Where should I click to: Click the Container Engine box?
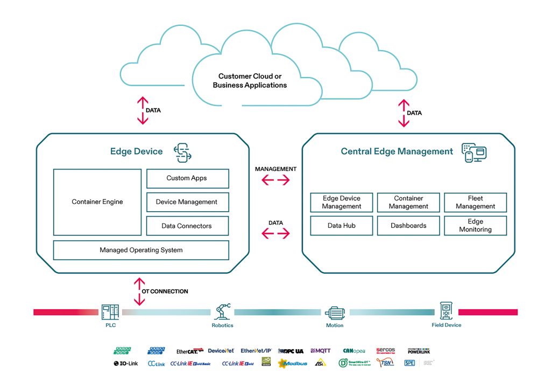point(97,202)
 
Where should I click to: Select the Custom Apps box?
point(187,178)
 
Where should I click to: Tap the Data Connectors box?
point(187,226)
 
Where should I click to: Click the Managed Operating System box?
point(141,250)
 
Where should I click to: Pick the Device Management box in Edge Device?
point(187,202)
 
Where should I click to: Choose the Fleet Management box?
point(475,202)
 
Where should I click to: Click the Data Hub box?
point(342,226)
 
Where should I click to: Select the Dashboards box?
point(408,226)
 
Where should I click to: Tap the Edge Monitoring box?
point(475,226)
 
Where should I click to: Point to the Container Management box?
point(408,202)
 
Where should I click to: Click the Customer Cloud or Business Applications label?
point(250,81)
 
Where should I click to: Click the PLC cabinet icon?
point(110,312)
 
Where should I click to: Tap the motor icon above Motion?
point(334,312)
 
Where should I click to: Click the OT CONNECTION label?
point(165,291)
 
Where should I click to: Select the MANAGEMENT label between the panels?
point(275,169)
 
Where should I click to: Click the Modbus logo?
point(292,364)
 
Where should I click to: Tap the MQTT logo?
point(321,351)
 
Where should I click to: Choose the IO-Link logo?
point(125,364)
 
